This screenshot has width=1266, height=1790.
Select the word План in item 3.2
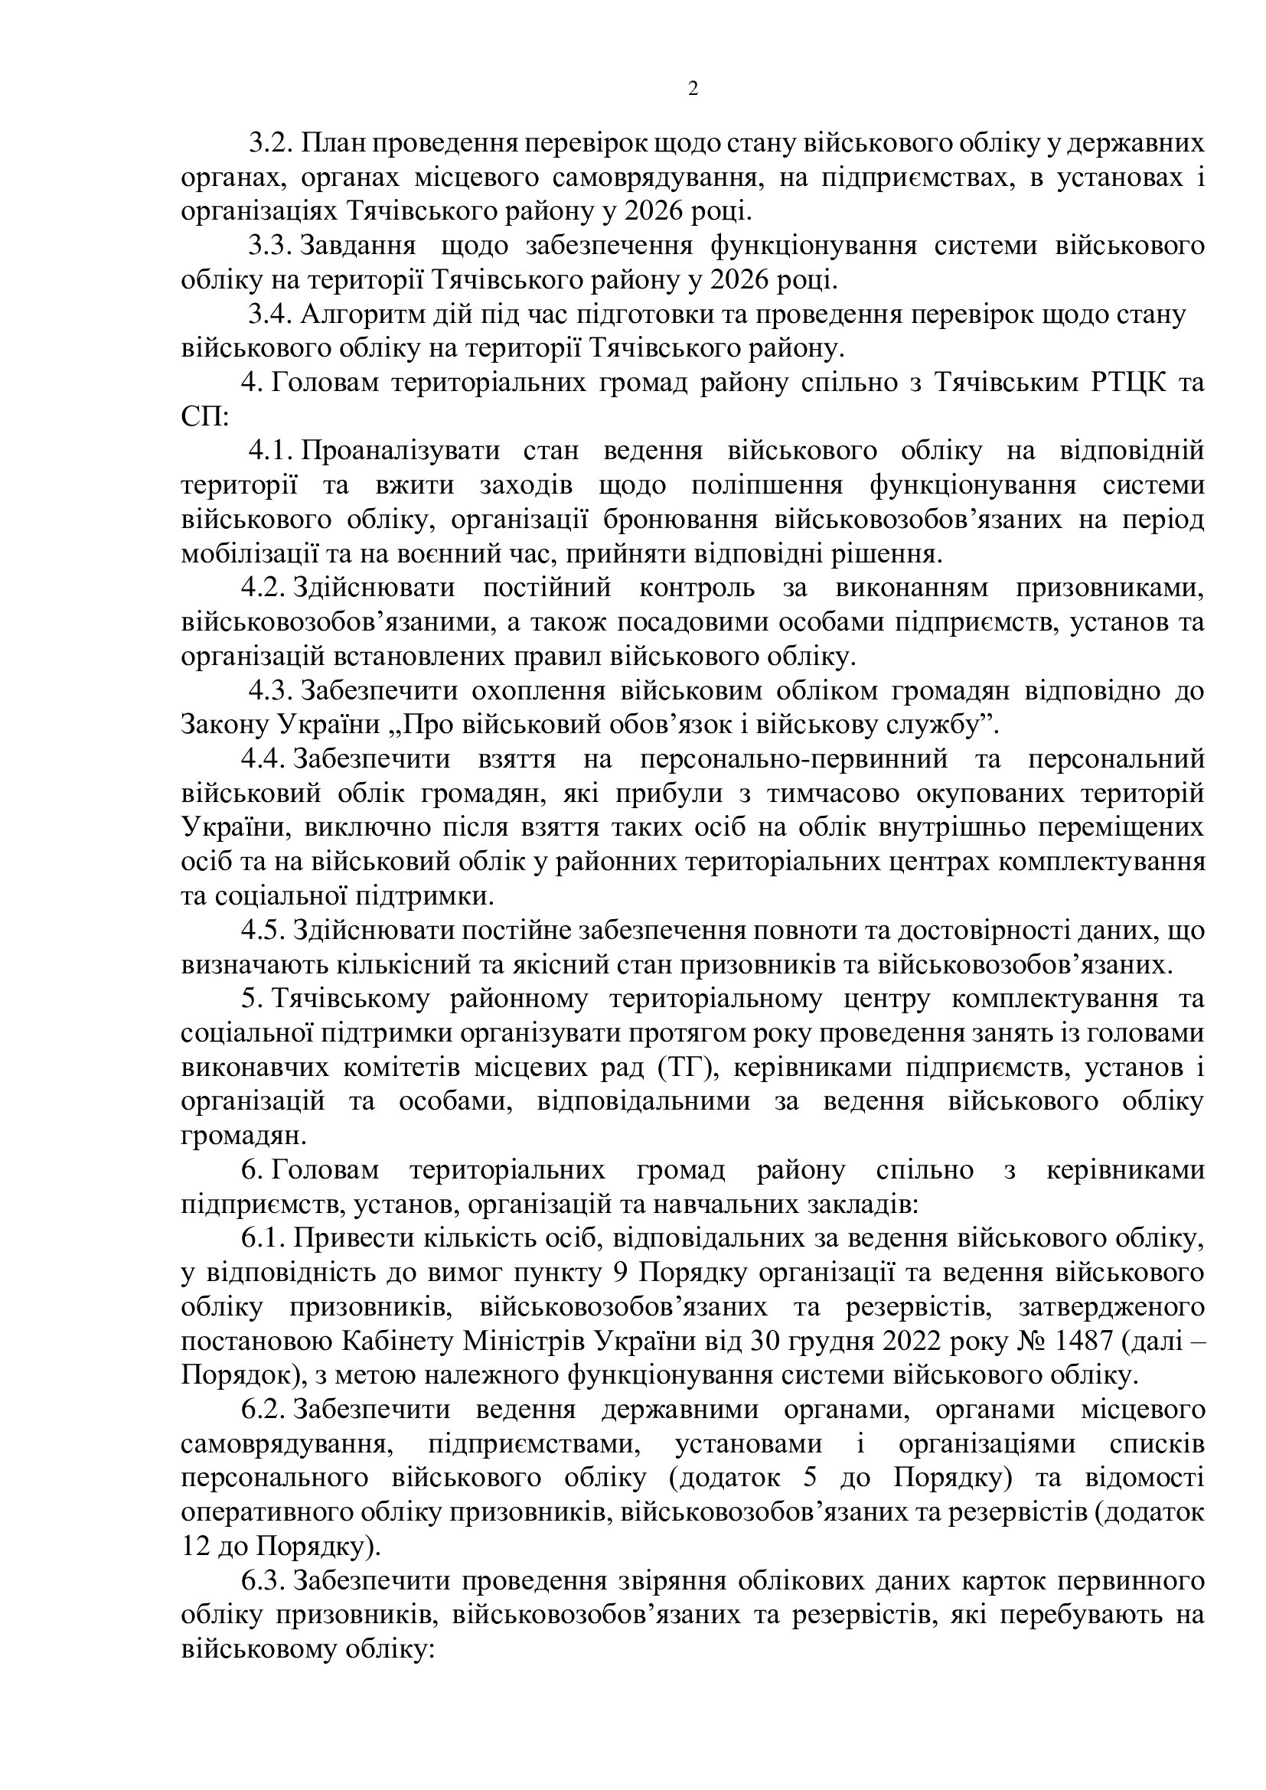point(329,143)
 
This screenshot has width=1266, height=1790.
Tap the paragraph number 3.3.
point(269,246)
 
